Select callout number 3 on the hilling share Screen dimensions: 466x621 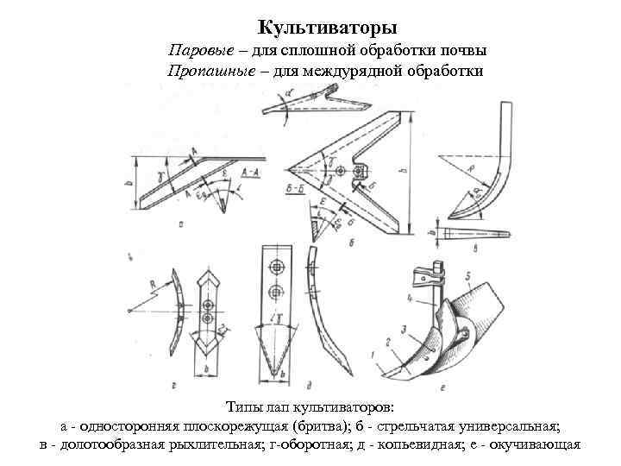coord(403,330)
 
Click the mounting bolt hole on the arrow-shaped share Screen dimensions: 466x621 coord(342,170)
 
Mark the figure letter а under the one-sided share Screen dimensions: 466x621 coord(179,223)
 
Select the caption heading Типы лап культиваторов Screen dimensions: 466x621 coord(310,406)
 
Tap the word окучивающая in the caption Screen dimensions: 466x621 coord(536,444)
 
